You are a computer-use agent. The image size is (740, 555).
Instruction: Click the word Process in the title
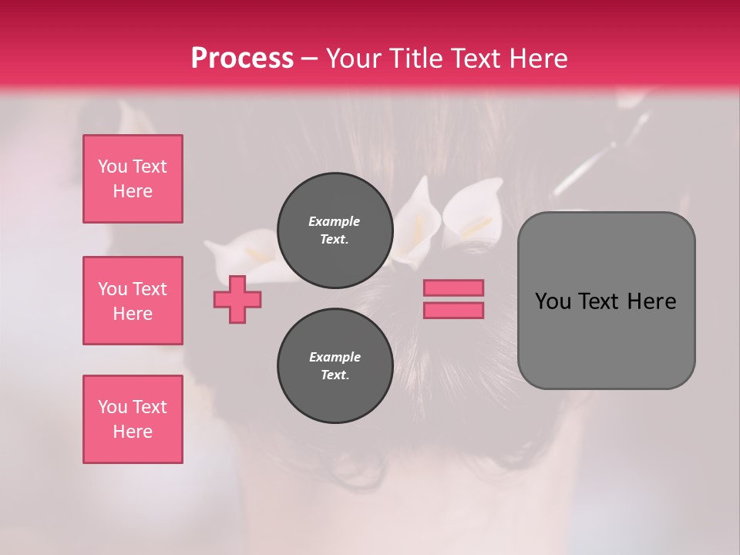(x=242, y=59)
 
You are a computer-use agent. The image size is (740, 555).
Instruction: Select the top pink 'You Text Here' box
(x=133, y=179)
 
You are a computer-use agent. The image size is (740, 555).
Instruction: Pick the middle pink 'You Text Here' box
(x=133, y=301)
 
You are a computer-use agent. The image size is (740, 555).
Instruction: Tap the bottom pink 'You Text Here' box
(x=133, y=419)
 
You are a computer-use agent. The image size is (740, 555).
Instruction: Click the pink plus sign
(x=237, y=299)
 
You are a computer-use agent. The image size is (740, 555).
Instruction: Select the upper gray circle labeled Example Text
(x=335, y=230)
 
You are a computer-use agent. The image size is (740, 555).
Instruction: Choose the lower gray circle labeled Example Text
(x=335, y=366)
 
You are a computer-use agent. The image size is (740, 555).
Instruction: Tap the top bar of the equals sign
(x=453, y=288)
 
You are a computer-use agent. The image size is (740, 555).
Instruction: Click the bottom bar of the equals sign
(x=453, y=310)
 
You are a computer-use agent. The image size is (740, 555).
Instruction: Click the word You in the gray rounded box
(x=553, y=301)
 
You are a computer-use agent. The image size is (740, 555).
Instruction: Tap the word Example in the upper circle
(x=335, y=221)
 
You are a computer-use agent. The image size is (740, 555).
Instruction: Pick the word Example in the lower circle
(x=335, y=357)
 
